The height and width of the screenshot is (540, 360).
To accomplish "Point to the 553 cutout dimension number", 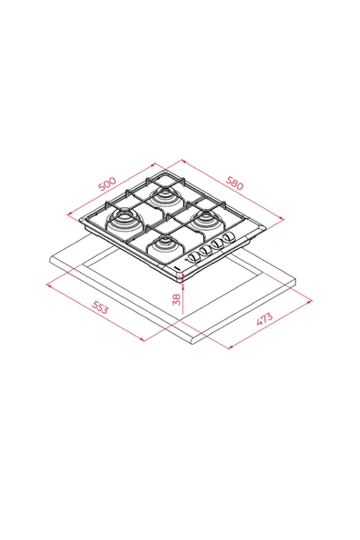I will point(99,308).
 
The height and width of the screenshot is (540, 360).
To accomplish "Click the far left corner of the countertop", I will point(48,257).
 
